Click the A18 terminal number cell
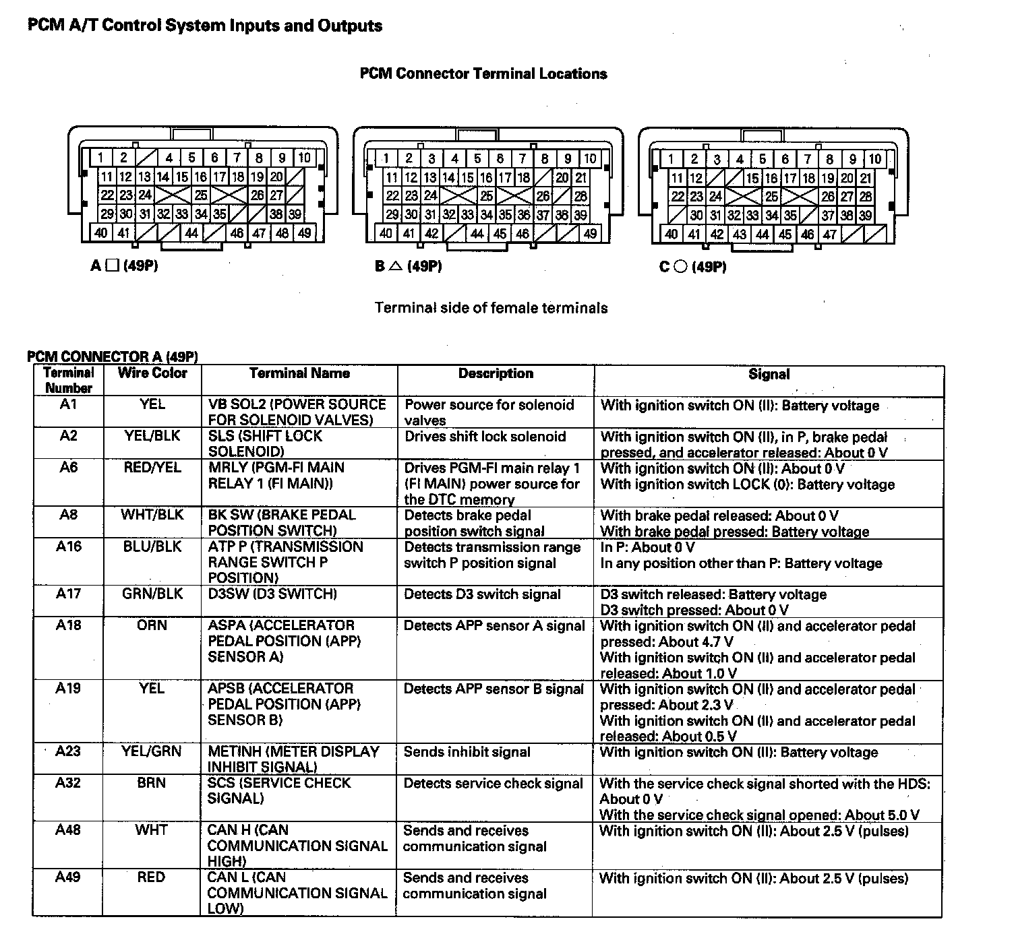(x=68, y=625)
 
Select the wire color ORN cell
(x=152, y=625)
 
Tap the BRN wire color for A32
(x=152, y=783)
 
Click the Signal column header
(x=769, y=375)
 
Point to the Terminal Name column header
(x=299, y=373)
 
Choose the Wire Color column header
(x=152, y=373)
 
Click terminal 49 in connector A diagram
(x=305, y=233)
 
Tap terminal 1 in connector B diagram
(x=386, y=159)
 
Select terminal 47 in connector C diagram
(x=830, y=234)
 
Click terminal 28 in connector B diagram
(x=580, y=196)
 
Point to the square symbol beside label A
(x=112, y=266)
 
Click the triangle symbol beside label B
(x=396, y=267)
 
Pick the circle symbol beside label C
(x=680, y=268)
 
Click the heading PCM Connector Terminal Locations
(x=483, y=74)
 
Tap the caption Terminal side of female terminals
(x=491, y=308)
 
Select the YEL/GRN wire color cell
(x=152, y=751)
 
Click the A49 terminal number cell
(x=68, y=877)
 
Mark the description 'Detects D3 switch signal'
(x=482, y=594)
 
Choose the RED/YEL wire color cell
(x=152, y=468)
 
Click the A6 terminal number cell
(x=68, y=468)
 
